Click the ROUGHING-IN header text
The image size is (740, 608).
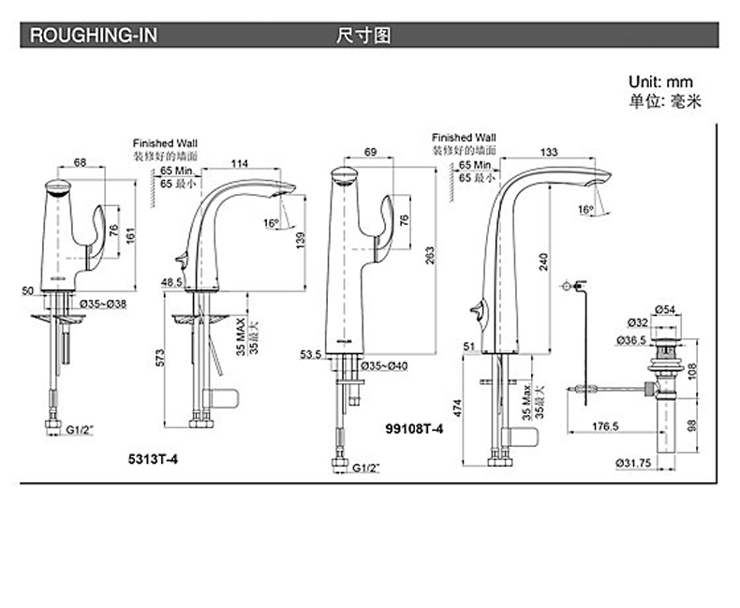[x=94, y=37]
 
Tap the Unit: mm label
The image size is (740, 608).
[x=660, y=82]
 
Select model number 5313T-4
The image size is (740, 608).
[x=149, y=460]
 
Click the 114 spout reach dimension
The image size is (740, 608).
[x=240, y=164]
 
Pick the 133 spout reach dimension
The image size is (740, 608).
[x=551, y=152]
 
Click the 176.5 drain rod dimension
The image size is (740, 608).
[x=604, y=427]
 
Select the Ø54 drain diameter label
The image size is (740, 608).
[x=667, y=309]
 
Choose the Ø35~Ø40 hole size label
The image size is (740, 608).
[x=384, y=356]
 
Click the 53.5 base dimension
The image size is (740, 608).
[x=310, y=355]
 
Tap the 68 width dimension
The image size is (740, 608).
[x=81, y=163]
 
